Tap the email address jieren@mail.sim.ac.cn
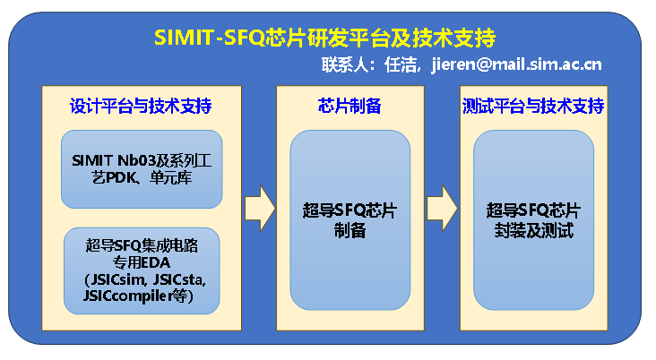coord(516,64)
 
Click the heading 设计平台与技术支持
coord(141,106)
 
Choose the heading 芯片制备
coord(350,106)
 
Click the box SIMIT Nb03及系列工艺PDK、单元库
coord(141,167)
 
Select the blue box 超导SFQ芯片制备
coord(350,220)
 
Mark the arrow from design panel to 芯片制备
coord(259,207)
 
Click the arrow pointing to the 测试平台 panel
coord(442,207)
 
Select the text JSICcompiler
coord(126,296)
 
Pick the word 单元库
coord(170,176)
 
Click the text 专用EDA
coord(141,265)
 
